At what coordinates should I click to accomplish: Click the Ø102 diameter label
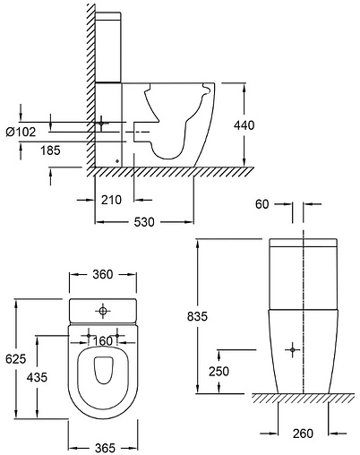tap(21, 132)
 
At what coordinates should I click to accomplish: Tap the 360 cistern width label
tap(103, 274)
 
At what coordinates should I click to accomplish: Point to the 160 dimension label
tap(103, 340)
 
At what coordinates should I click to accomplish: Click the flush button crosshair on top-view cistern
tap(104, 311)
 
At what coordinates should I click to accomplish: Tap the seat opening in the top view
tap(104, 381)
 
